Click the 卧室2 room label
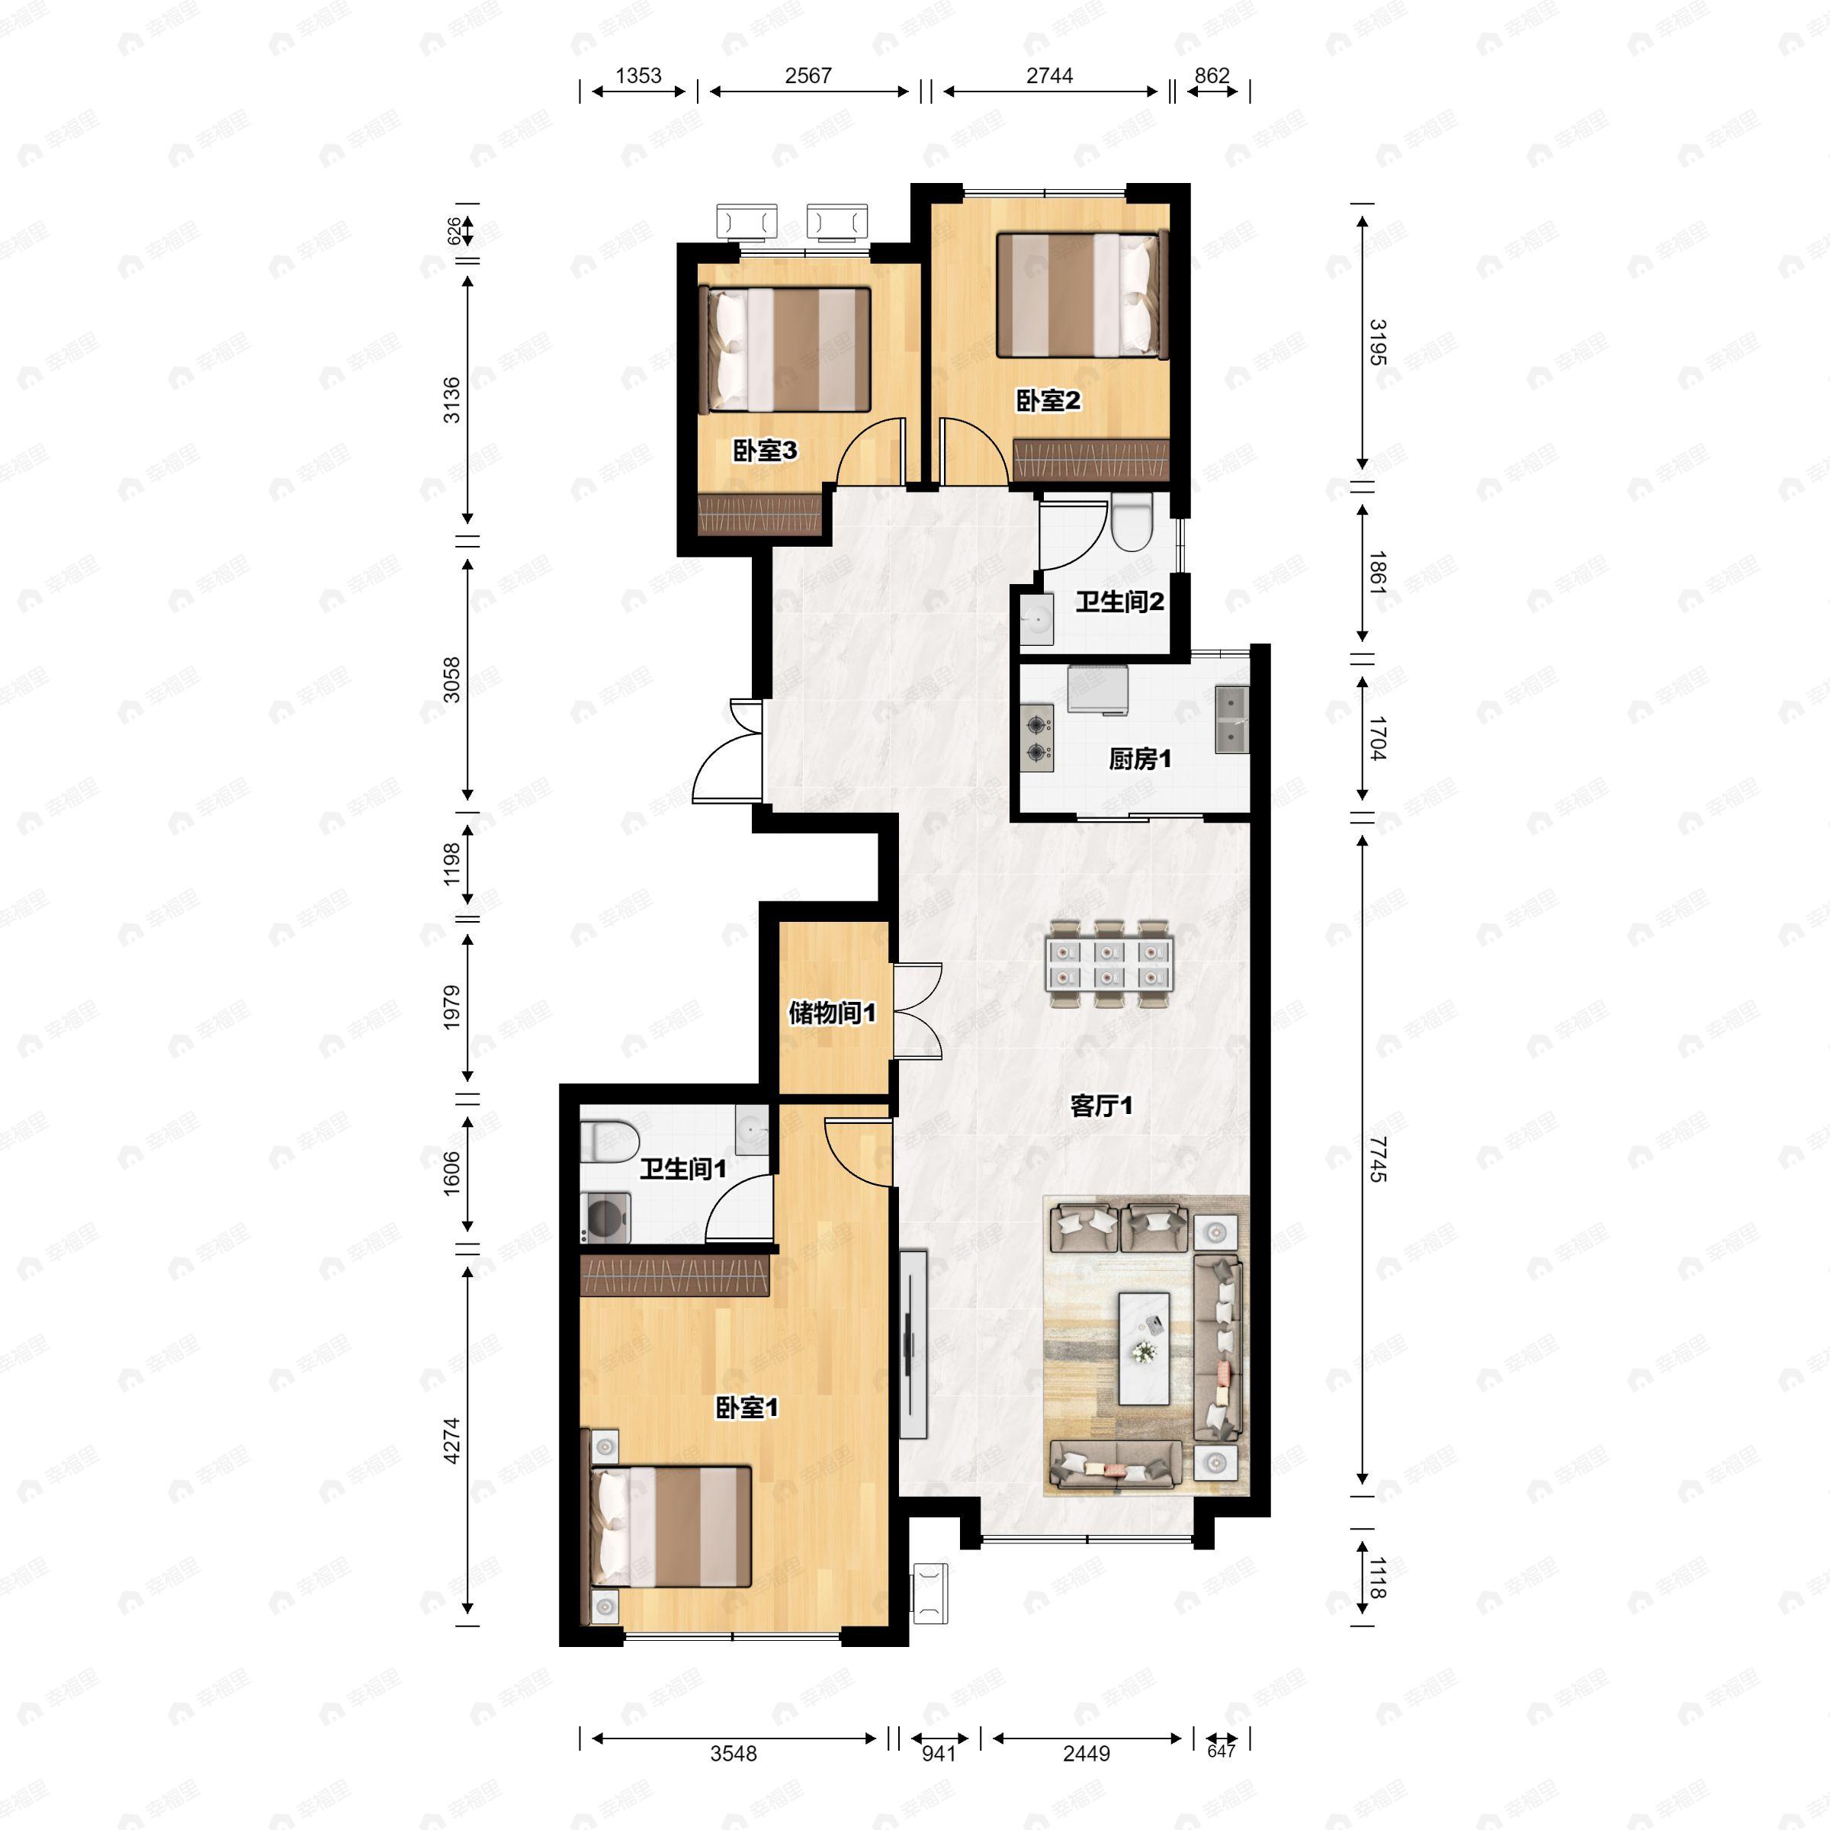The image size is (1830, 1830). click(x=1048, y=400)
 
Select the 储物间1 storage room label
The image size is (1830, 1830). click(x=833, y=1013)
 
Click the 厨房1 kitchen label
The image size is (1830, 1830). click(x=1139, y=759)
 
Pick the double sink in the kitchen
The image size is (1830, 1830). click(x=1231, y=719)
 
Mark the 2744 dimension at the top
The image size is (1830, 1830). click(x=1049, y=75)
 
